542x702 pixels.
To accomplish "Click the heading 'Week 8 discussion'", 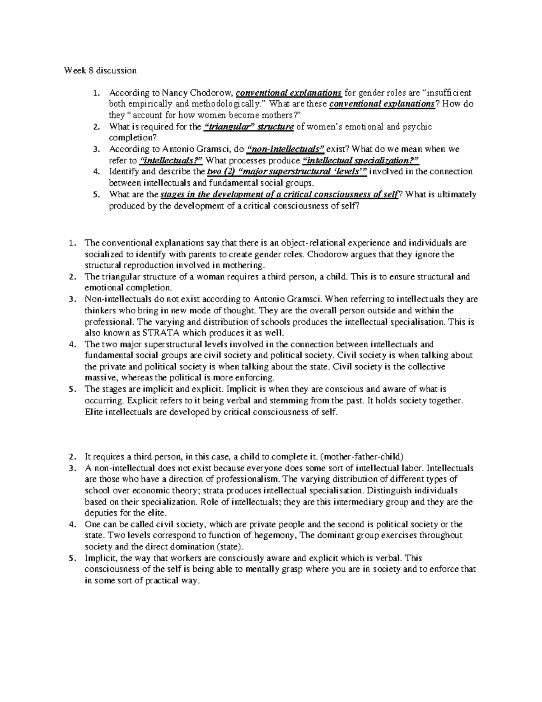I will tap(100, 71).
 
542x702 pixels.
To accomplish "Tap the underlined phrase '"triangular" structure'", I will tap(249, 127).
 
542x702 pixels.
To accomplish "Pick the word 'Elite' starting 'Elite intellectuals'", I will tap(93, 412).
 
